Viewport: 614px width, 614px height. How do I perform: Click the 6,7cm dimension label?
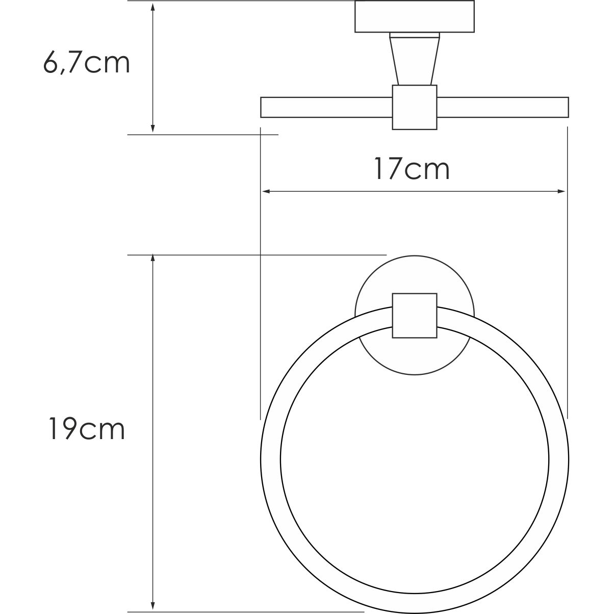click(x=87, y=64)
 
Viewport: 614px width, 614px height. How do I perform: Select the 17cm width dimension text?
click(x=412, y=169)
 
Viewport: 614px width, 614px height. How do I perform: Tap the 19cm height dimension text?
click(x=87, y=429)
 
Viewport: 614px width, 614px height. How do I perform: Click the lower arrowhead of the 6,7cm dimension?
click(x=152, y=128)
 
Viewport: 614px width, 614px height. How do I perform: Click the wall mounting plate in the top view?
click(x=414, y=16)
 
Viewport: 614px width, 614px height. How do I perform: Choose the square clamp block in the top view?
click(x=414, y=107)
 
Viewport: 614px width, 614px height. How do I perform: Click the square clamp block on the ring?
click(x=414, y=315)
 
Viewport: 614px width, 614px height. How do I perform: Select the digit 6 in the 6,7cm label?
click(x=52, y=63)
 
